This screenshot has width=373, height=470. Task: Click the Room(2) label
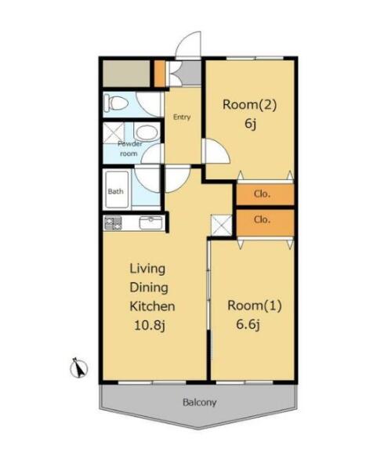click(x=249, y=105)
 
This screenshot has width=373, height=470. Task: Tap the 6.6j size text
click(x=248, y=324)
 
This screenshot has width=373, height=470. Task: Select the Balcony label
click(x=199, y=403)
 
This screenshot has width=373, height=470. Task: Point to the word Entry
click(x=182, y=117)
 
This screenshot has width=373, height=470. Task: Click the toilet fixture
click(x=116, y=103)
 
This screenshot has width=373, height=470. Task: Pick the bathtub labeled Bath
click(x=116, y=190)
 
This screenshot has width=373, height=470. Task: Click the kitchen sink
click(x=150, y=222)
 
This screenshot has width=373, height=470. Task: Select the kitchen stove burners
click(x=113, y=223)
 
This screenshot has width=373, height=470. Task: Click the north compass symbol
click(x=79, y=368)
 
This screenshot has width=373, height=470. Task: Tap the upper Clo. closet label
click(x=262, y=194)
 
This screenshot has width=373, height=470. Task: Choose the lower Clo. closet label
click(x=262, y=219)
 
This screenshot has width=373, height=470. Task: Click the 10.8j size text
click(x=149, y=325)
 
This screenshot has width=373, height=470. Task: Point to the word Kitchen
click(x=152, y=306)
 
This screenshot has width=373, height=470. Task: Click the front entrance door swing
click(x=188, y=45)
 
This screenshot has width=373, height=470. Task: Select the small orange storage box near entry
click(x=160, y=74)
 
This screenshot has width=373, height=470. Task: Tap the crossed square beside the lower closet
click(x=222, y=226)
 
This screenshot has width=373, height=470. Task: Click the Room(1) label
click(x=255, y=305)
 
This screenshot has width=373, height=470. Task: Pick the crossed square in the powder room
click(x=114, y=132)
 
